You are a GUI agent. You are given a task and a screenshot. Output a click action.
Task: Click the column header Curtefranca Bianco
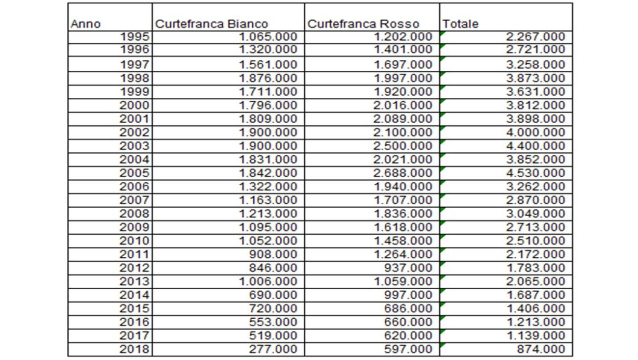point(212,24)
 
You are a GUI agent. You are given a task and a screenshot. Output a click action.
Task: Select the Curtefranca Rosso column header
point(363,24)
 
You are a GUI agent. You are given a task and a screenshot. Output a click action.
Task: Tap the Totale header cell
point(460,24)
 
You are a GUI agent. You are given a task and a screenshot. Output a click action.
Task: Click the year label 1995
point(134,37)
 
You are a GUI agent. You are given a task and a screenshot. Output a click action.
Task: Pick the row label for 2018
point(134,349)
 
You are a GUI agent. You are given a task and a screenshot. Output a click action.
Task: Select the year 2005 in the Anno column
point(134,173)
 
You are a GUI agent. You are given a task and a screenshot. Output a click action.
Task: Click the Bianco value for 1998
point(268,78)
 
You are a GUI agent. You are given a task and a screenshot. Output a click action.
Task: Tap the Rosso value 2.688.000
point(403,173)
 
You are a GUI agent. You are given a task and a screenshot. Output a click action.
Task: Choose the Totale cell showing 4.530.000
point(535,173)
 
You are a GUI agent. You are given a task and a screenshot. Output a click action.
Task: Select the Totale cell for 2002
point(535,132)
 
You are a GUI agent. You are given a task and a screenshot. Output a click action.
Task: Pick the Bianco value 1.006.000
point(268,281)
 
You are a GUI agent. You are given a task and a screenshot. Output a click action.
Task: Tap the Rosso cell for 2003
point(403,146)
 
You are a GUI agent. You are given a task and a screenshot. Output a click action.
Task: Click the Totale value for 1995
point(535,37)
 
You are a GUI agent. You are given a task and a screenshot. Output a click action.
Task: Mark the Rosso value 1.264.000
point(403,254)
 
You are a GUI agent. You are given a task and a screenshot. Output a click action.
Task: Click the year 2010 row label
point(134,241)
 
